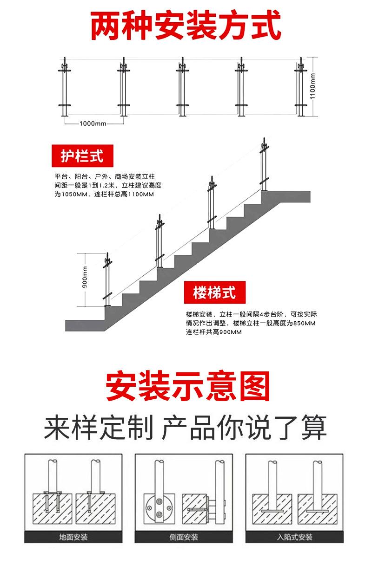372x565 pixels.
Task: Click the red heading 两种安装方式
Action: pyautogui.click(x=186, y=26)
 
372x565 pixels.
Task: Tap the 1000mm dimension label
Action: pyautogui.click(x=93, y=123)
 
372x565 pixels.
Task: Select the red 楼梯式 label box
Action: pyautogui.click(x=214, y=292)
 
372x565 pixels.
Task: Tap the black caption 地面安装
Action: pyautogui.click(x=73, y=538)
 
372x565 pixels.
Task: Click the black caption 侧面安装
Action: pyautogui.click(x=184, y=538)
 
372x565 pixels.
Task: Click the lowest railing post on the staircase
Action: pyautogui.click(x=107, y=281)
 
